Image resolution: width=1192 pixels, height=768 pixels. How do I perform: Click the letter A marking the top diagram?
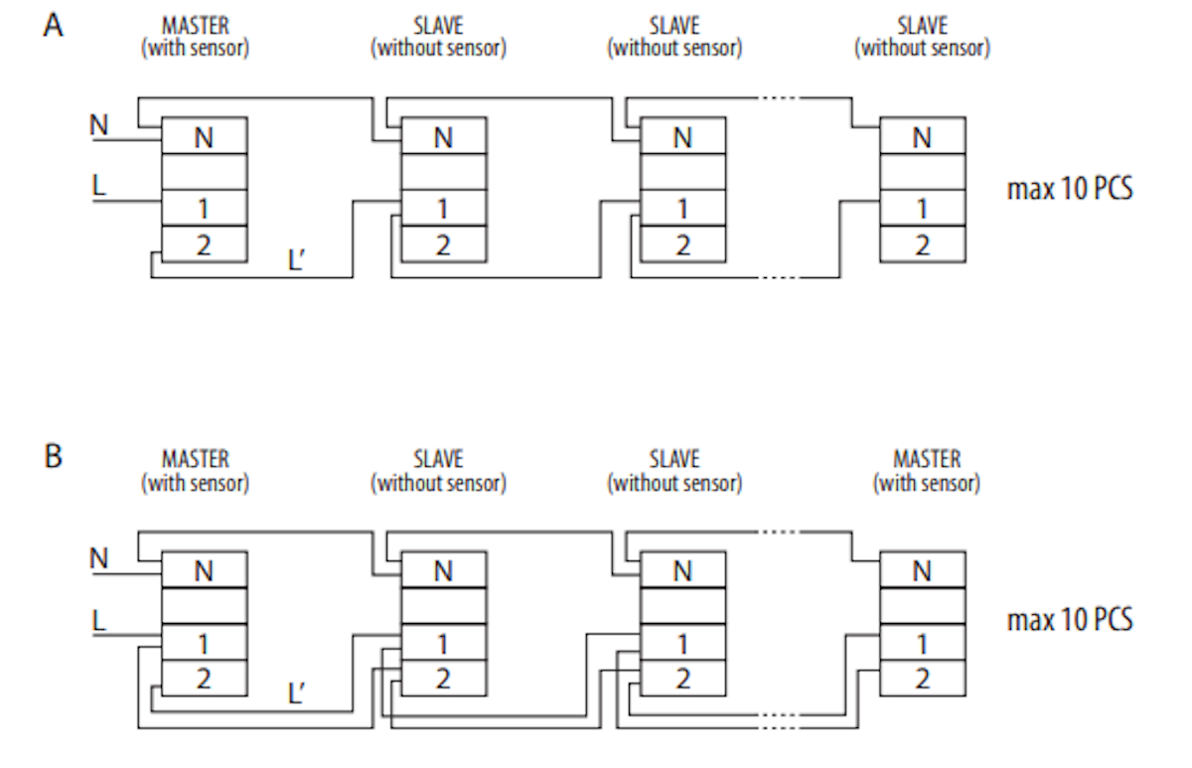click(x=53, y=25)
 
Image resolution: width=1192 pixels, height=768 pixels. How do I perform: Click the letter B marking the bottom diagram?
click(x=53, y=456)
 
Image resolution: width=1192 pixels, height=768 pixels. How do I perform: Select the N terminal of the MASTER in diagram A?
click(x=205, y=136)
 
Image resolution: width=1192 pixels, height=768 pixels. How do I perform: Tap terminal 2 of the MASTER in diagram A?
click(x=205, y=244)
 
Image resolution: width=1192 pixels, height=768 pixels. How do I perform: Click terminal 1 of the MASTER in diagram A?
click(x=205, y=208)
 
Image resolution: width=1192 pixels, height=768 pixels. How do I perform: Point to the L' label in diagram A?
click(x=296, y=259)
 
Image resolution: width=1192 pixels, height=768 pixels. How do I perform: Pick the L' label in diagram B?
click(x=296, y=692)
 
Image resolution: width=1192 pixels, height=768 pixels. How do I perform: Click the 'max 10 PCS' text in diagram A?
click(x=1070, y=189)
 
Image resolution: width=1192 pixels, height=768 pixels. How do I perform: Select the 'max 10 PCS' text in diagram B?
click(x=1070, y=620)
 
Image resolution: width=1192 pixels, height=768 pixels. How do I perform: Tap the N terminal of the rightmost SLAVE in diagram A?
click(x=923, y=136)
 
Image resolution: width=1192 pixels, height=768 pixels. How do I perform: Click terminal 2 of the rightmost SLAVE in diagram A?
click(x=923, y=244)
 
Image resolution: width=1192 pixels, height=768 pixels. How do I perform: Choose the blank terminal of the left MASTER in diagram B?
click(x=205, y=606)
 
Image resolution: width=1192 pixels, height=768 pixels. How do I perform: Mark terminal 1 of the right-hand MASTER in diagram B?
click(x=923, y=642)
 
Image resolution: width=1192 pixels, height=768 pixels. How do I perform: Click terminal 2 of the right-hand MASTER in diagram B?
click(x=923, y=678)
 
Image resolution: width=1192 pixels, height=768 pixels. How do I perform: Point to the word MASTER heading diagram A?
click(x=196, y=26)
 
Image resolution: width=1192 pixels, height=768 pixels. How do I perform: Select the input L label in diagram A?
click(x=99, y=186)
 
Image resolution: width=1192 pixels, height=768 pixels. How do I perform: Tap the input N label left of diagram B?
click(x=99, y=558)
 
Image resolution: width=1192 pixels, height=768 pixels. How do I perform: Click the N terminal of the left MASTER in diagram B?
click(x=205, y=569)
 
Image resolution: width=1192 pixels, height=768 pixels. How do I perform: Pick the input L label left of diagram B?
click(x=99, y=621)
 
